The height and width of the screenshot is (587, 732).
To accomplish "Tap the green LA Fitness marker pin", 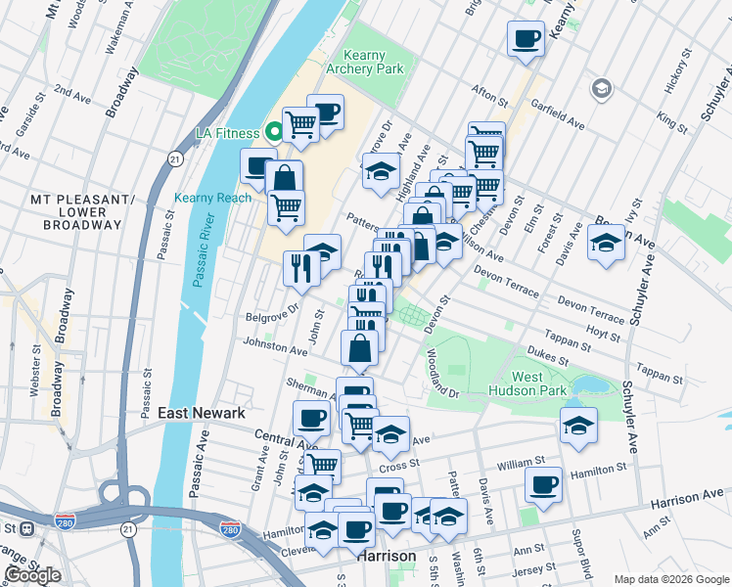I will (x=275, y=131).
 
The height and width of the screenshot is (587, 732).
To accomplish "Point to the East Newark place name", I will (x=202, y=414).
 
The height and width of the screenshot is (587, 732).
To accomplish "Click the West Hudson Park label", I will (x=540, y=384).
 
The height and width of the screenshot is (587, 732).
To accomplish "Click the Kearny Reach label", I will (x=212, y=198).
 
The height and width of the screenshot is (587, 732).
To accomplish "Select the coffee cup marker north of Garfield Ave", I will (x=526, y=39).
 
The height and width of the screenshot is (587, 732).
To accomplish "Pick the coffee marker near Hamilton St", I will (x=543, y=483).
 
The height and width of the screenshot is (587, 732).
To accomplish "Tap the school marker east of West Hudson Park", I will (x=578, y=425).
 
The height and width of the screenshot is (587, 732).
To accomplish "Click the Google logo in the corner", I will (x=31, y=575).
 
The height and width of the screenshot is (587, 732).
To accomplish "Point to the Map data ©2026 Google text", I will (x=670, y=579).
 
